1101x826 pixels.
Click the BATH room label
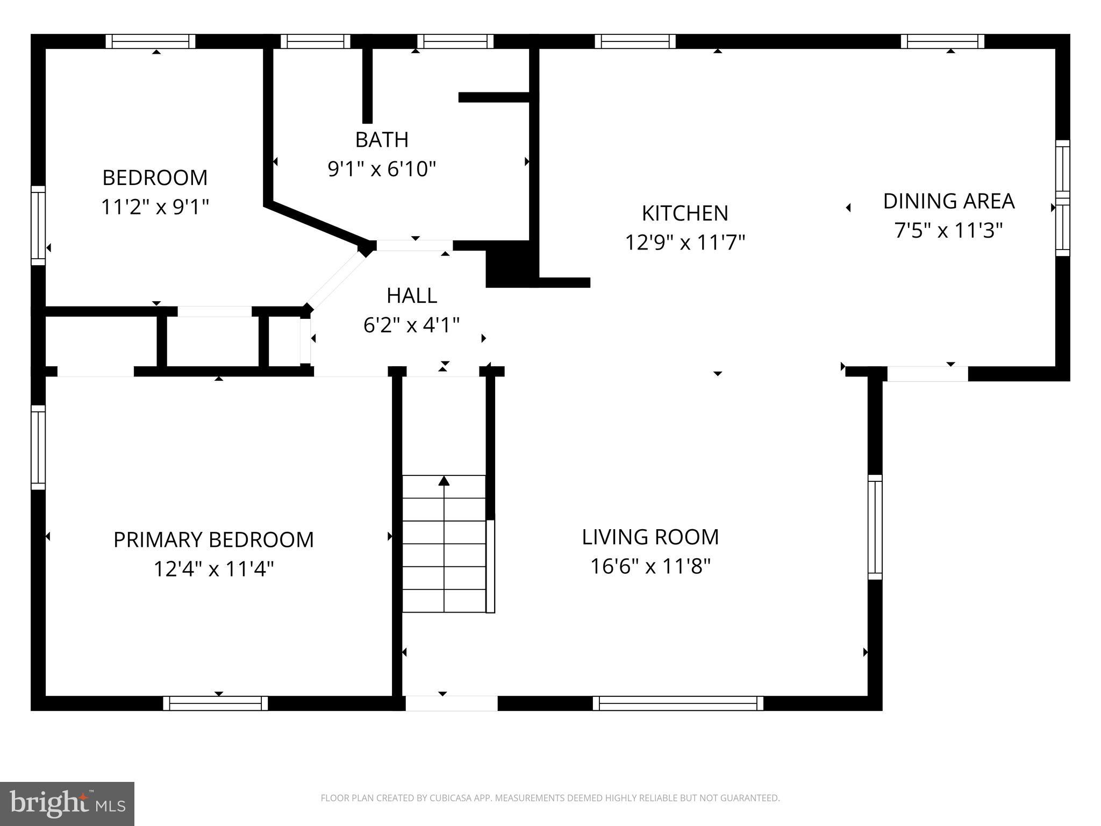pos(382,140)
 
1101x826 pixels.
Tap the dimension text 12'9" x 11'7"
pos(684,243)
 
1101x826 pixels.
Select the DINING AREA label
pos(948,201)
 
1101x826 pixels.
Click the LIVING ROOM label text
pos(650,537)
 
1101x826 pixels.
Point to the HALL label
pos(411,296)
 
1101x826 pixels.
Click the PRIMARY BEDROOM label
pos(213,539)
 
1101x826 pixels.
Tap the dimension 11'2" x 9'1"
pos(155,206)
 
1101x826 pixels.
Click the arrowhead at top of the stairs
pos(444,480)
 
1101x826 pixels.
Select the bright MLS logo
pos(67,803)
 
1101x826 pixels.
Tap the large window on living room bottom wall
pos(678,703)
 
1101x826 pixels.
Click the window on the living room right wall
pos(875,527)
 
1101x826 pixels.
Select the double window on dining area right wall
pos(1062,198)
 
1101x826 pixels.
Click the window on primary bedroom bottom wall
pos(216,703)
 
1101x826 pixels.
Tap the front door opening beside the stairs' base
pos(451,703)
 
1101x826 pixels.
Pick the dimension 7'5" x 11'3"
pos(948,231)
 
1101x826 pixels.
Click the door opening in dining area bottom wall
pos(927,374)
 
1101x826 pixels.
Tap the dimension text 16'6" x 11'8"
pos(650,566)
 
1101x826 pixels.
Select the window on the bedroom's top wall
pos(151,41)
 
